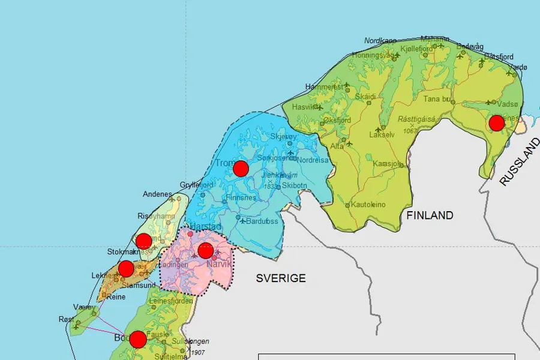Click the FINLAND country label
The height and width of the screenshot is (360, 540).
[429, 215]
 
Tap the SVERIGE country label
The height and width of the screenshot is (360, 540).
[281, 278]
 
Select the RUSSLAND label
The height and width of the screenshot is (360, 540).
[520, 162]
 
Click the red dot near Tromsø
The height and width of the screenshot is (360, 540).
[241, 169]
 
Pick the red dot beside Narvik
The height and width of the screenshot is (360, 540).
[206, 251]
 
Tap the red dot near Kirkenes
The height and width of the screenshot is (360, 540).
[496, 123]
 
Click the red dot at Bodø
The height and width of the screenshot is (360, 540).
[138, 340]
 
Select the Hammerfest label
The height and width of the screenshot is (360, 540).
[324, 86]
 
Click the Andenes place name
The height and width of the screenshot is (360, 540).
[157, 194]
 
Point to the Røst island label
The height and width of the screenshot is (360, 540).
[67, 319]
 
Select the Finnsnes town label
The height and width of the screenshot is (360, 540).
[241, 197]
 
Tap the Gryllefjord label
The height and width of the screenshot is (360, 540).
[196, 185]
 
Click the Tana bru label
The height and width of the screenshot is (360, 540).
[436, 99]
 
